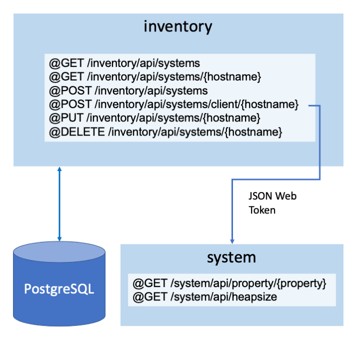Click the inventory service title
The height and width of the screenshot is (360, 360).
(177, 26)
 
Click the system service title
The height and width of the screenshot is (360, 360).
(231, 257)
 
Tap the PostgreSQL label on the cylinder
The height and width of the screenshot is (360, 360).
(59, 289)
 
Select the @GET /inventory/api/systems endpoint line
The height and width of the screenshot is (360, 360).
(124, 63)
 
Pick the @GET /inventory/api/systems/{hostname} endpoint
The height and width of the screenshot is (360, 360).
(155, 77)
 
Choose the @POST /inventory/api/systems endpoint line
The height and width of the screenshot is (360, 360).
(128, 91)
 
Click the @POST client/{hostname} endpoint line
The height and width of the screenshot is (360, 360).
(173, 105)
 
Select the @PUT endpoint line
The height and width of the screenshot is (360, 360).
(154, 118)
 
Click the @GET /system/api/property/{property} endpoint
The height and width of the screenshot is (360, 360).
(229, 283)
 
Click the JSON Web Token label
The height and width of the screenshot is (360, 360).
(272, 203)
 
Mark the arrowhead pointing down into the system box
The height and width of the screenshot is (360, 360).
(231, 240)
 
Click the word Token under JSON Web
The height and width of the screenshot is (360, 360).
(262, 210)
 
